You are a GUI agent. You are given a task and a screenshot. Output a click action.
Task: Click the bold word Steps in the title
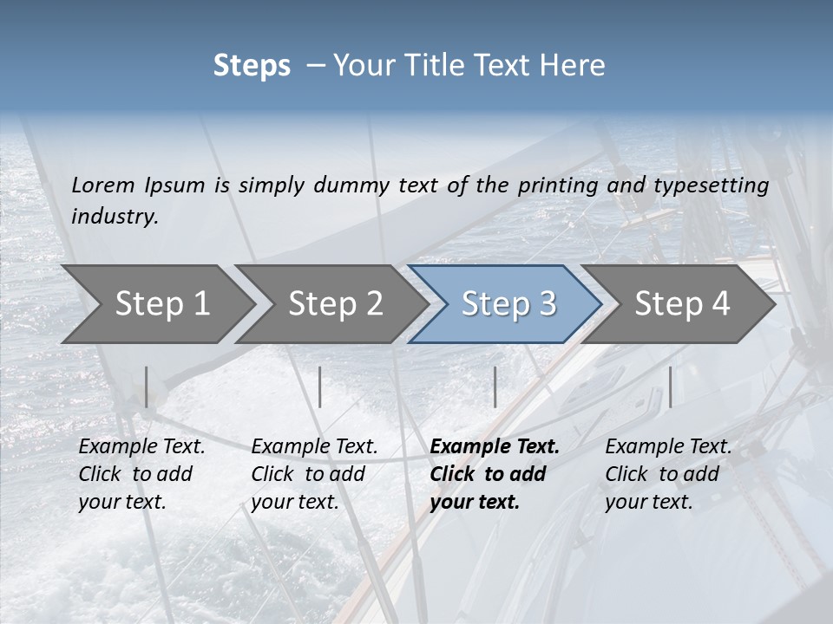(x=252, y=66)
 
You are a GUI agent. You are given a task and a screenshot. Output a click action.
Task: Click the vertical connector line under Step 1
(x=147, y=387)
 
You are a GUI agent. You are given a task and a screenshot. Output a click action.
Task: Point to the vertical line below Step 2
(x=320, y=387)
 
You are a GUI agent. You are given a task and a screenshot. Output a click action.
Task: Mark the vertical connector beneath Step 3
(x=495, y=387)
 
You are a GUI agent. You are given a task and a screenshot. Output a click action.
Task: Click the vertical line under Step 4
(x=671, y=387)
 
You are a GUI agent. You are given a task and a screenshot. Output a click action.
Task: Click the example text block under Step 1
(x=141, y=474)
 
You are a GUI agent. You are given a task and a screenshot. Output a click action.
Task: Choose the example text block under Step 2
(x=314, y=474)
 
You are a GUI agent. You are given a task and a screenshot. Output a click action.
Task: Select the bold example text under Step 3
(x=494, y=474)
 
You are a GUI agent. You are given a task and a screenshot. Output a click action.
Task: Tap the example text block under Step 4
(x=668, y=474)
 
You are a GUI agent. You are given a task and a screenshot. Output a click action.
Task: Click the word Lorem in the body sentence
(x=103, y=185)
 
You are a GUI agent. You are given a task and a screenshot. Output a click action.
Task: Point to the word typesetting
(x=711, y=185)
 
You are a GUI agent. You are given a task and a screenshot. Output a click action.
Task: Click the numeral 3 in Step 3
(x=547, y=303)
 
